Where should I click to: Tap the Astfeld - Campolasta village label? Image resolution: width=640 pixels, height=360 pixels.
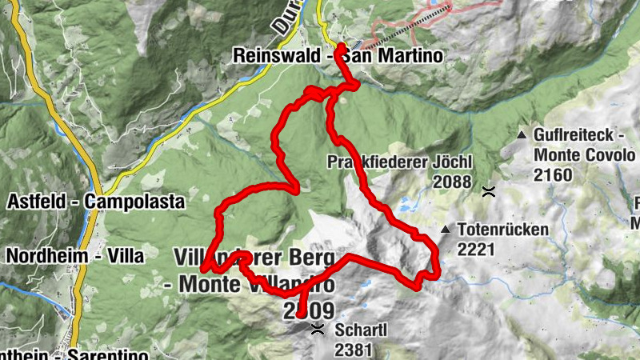coord(95,202)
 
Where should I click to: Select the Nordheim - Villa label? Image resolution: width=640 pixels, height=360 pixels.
coord(74,256)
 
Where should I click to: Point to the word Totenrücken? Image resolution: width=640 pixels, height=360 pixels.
coord(503,230)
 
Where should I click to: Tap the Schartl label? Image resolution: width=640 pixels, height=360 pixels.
coord(362,330)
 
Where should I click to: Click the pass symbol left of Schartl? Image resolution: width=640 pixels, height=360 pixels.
coord(318,330)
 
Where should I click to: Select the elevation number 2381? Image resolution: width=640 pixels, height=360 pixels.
coord(353,350)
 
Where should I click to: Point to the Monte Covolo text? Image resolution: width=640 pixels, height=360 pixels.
coord(584,155)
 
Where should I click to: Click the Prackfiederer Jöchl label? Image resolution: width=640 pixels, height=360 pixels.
coord(400,162)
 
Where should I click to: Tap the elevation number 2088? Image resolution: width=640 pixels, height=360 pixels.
coord(453,182)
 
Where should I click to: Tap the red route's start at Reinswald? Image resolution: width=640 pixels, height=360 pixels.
coord(341,48)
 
